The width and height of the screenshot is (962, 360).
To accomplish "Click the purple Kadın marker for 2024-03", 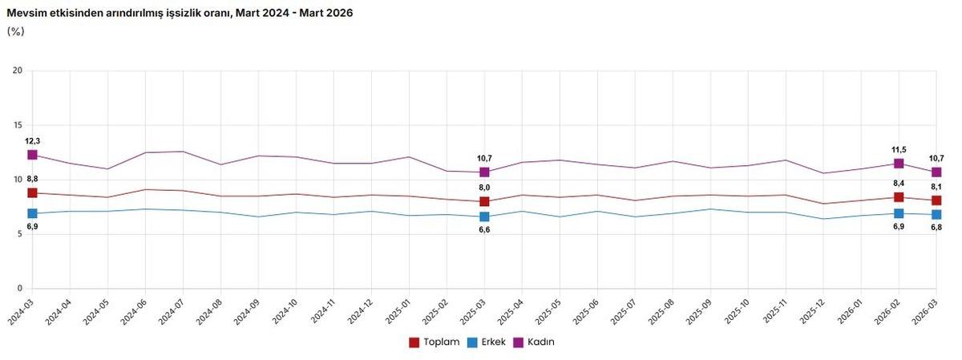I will click(32, 155).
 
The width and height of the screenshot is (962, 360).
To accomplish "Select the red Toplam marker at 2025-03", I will click(484, 201).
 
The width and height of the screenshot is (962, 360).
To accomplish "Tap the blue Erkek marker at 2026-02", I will click(899, 213).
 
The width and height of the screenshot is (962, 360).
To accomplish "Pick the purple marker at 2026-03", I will click(936, 172).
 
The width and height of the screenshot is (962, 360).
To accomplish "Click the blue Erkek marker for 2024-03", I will click(32, 213).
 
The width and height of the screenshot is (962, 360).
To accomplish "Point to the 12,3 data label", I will click(32, 141).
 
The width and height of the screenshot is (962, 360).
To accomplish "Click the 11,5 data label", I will click(899, 149).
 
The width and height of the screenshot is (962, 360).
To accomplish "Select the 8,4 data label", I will click(899, 184).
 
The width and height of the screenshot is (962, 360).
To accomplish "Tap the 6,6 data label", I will click(484, 230).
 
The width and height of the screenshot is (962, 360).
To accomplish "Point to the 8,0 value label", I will click(484, 188).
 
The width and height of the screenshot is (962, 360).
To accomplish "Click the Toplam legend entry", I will click(434, 342).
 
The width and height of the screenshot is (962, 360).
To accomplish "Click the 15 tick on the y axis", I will click(17, 125).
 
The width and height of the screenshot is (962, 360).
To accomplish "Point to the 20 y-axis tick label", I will click(17, 71).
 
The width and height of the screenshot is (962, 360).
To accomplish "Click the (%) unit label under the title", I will click(15, 30).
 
